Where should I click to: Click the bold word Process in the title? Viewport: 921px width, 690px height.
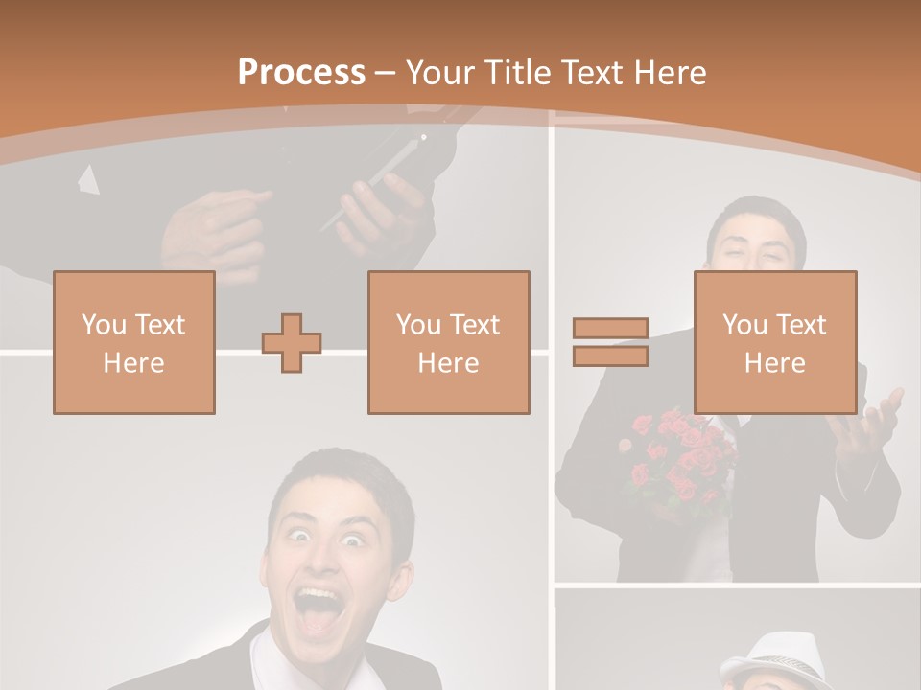(x=301, y=73)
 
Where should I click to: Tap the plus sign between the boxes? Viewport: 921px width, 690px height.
(x=292, y=343)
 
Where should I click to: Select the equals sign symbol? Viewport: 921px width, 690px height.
(x=610, y=342)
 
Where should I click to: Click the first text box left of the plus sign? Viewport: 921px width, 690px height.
(x=134, y=343)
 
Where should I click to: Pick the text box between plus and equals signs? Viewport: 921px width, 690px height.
(x=449, y=343)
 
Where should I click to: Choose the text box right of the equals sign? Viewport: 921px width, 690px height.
(x=775, y=343)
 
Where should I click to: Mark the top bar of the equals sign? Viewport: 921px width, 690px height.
(x=610, y=329)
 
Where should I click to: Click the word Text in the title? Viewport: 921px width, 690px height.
(x=593, y=73)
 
